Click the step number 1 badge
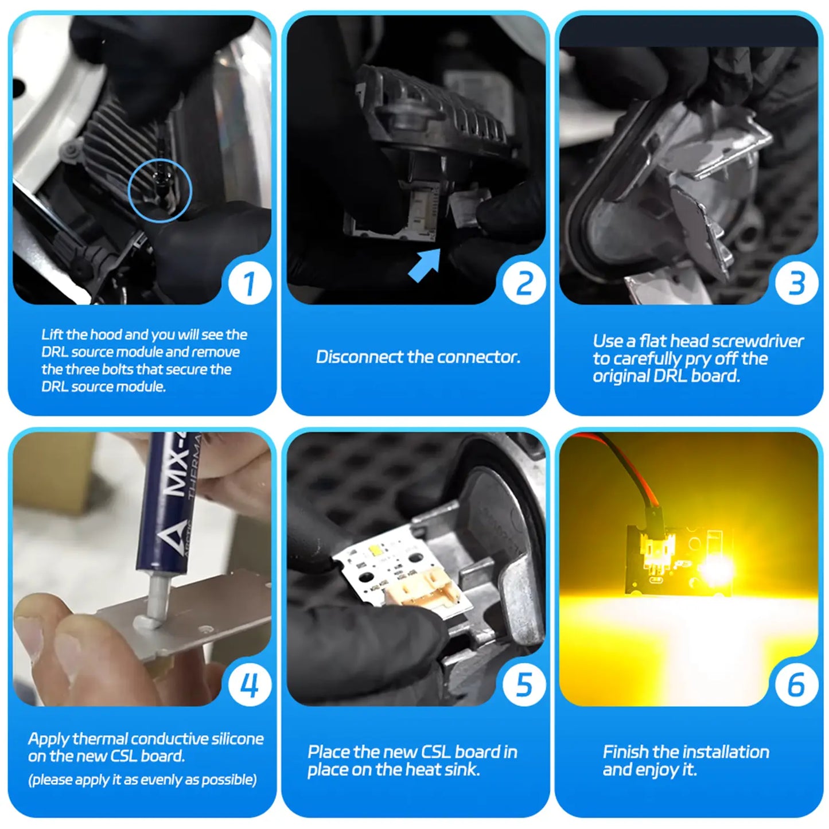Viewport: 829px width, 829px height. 250,283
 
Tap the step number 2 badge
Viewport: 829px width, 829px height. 524,283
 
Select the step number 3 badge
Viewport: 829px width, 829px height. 796,283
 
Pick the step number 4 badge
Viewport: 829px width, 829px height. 250,684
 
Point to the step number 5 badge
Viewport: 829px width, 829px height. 524,684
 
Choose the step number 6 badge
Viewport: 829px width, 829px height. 796,684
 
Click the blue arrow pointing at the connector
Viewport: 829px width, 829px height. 424,266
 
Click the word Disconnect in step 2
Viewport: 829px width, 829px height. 359,357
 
